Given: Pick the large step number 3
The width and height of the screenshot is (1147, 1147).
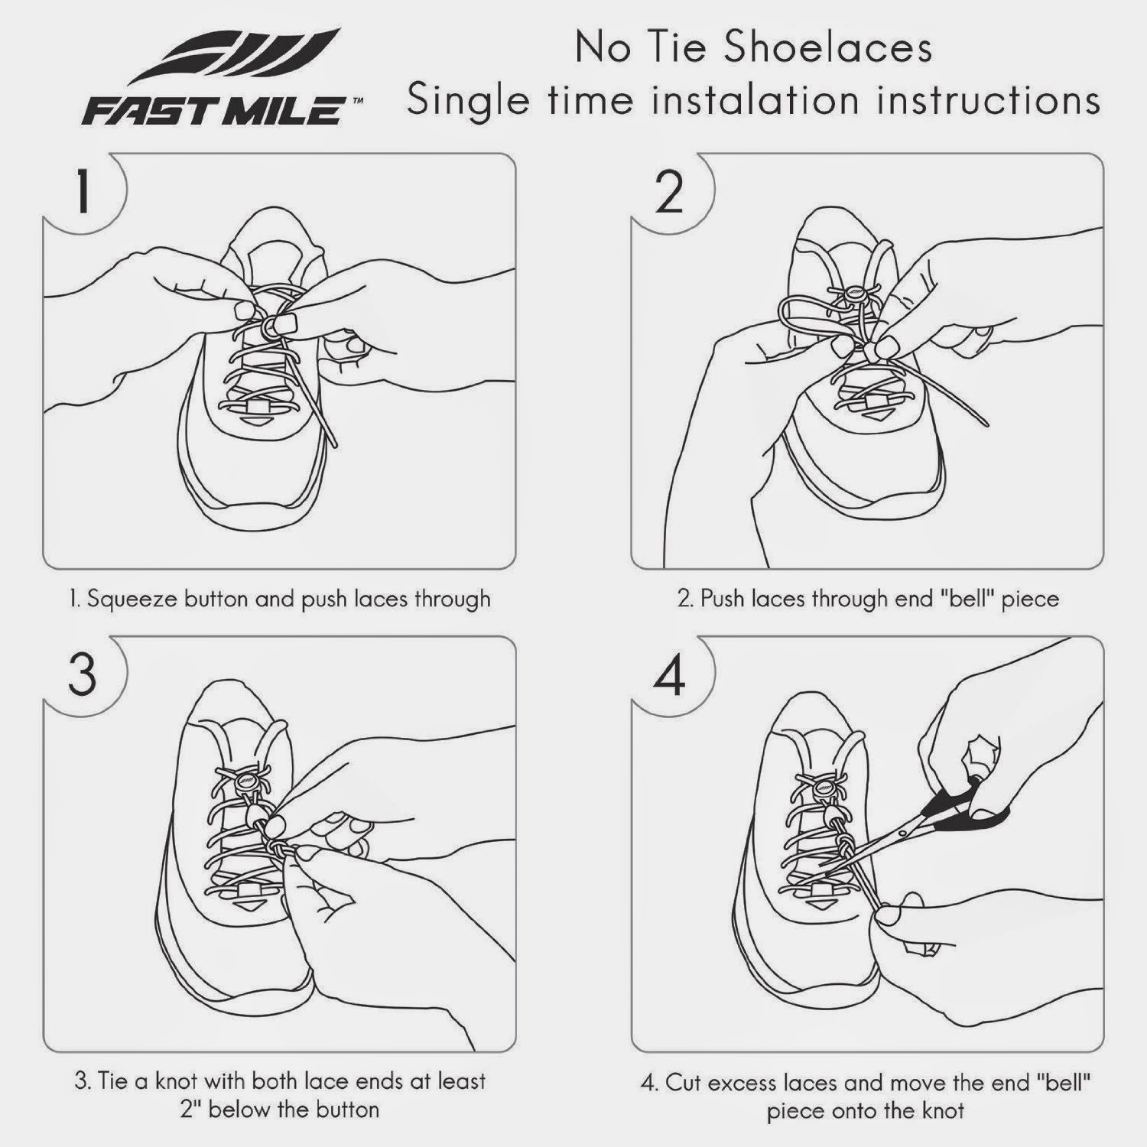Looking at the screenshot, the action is (x=82, y=676).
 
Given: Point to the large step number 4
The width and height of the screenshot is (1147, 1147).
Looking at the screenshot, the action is (x=669, y=676).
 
